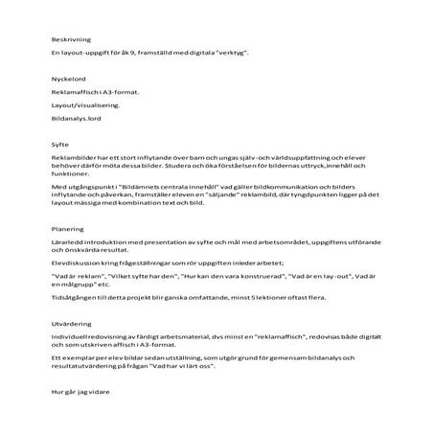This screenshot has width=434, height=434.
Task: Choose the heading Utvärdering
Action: (70, 324)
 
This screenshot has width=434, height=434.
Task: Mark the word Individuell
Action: (72, 337)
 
